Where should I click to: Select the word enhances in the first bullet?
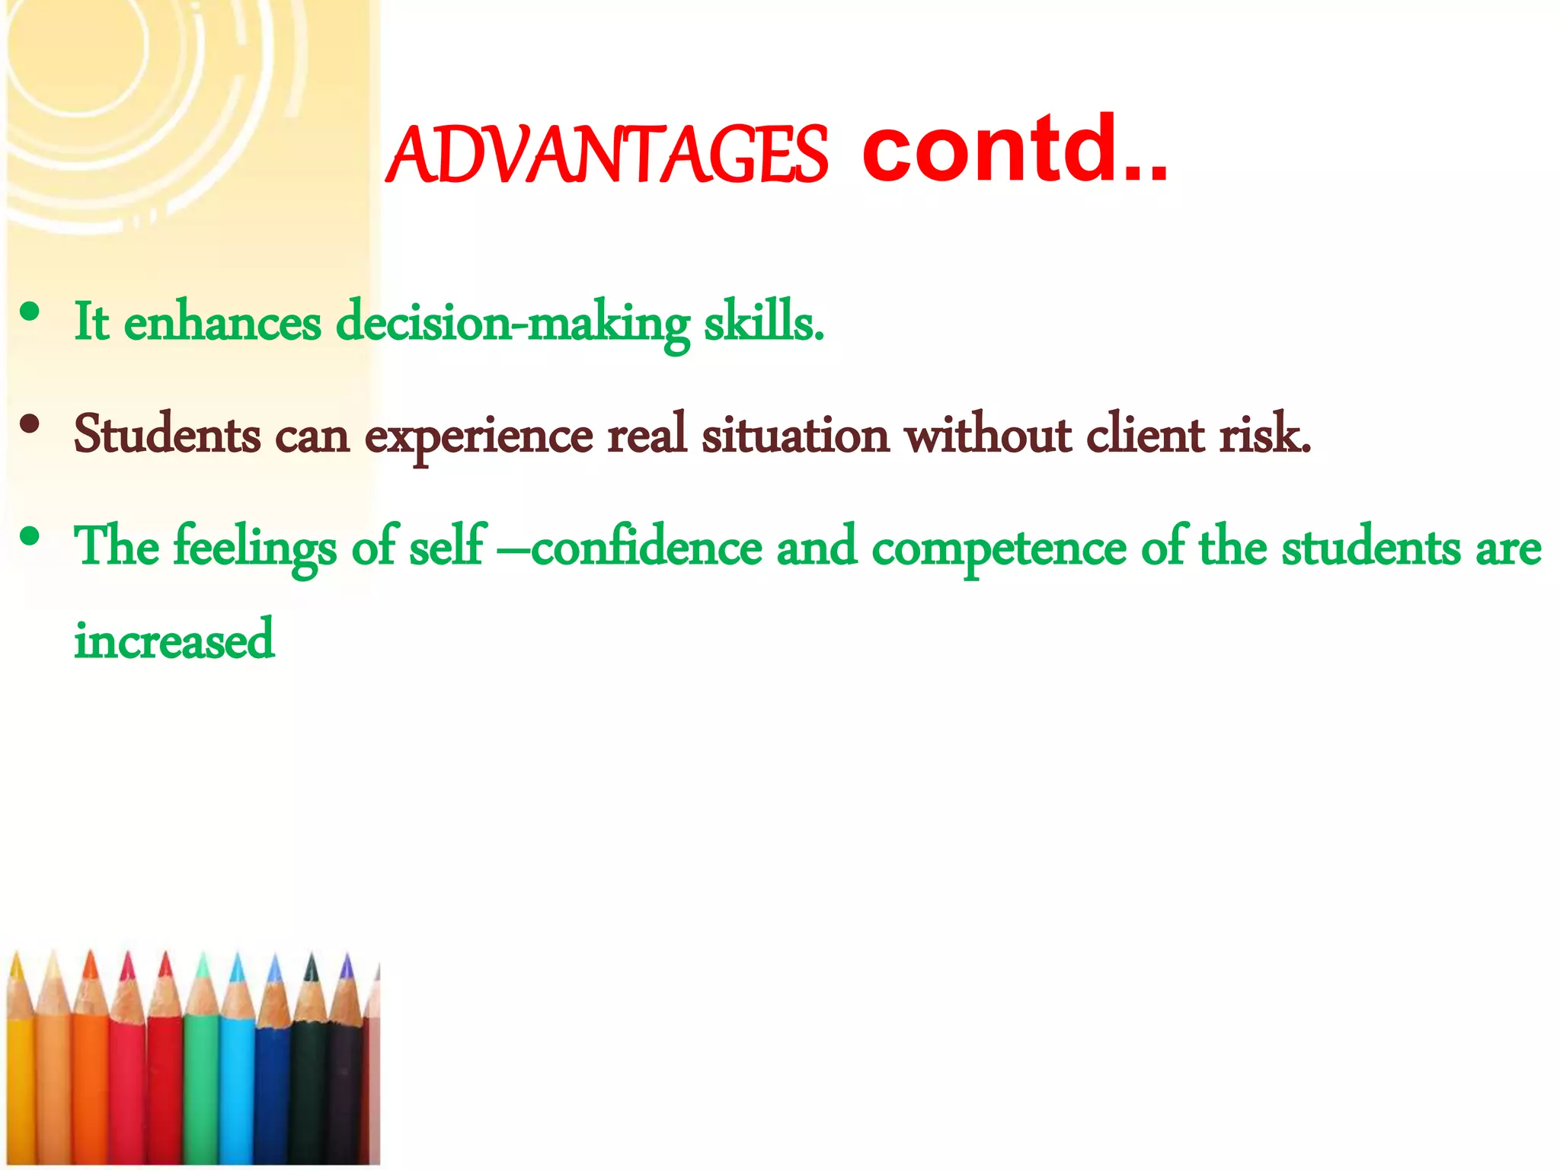(222, 323)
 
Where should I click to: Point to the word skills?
(763, 323)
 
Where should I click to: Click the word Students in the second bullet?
(167, 435)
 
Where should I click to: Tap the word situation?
(794, 435)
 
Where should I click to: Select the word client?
(1145, 435)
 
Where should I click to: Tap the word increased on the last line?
(174, 641)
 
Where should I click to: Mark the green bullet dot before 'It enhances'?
(30, 312)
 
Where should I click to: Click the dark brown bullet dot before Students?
(30, 424)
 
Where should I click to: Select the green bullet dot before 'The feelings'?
(30, 537)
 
